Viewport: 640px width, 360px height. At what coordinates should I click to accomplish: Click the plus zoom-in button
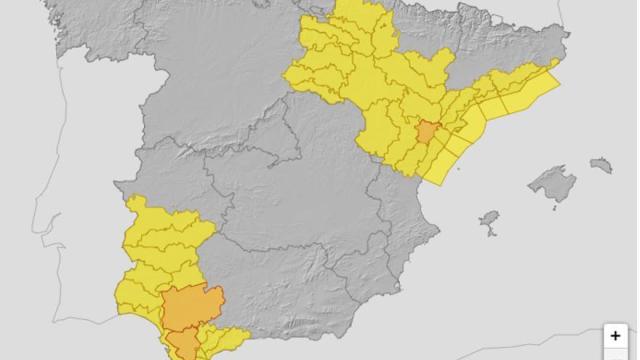tap(616, 336)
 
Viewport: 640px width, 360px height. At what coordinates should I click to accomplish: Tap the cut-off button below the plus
tap(616, 355)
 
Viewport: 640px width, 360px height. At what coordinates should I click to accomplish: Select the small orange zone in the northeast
tap(427, 133)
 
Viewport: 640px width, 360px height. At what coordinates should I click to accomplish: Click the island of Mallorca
tap(553, 184)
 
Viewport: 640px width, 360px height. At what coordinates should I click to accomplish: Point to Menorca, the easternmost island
tap(601, 164)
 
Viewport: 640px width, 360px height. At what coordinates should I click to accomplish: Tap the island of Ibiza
tap(489, 219)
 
